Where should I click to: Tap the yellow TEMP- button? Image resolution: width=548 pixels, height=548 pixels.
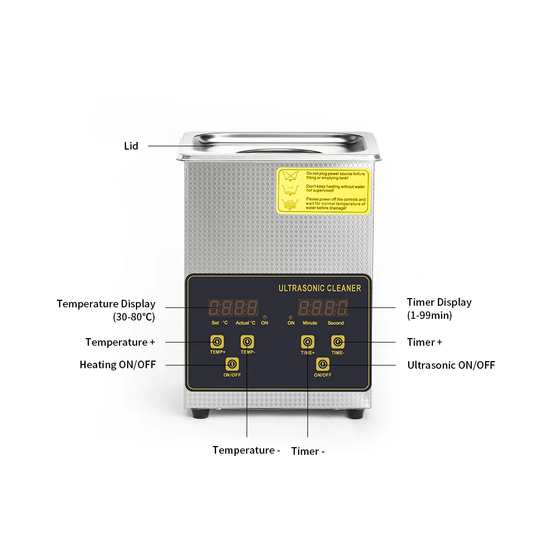point(247,342)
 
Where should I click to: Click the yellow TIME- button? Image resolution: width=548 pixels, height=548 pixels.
point(338,342)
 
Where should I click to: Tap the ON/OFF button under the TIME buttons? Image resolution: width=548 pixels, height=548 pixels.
point(322,364)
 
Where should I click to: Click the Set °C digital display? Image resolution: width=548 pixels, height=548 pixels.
point(220,307)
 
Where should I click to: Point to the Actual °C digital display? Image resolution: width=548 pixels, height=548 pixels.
point(246,307)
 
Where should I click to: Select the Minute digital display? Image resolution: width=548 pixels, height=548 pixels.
point(310,307)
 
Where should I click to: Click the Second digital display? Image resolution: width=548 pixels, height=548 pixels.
point(335,307)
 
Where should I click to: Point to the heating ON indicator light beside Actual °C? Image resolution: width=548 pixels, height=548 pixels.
point(265,317)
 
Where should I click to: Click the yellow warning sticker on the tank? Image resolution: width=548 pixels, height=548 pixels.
point(323,191)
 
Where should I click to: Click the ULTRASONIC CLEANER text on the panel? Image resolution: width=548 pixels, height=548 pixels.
point(319,288)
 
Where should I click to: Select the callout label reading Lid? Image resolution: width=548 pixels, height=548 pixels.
point(131,146)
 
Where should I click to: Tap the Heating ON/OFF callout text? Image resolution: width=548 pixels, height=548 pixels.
point(117,364)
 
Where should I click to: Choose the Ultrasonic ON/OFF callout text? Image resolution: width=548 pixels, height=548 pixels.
point(451,365)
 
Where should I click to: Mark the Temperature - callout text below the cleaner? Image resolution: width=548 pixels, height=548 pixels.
point(246,450)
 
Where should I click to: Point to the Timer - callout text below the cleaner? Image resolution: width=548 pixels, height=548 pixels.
point(308,452)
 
